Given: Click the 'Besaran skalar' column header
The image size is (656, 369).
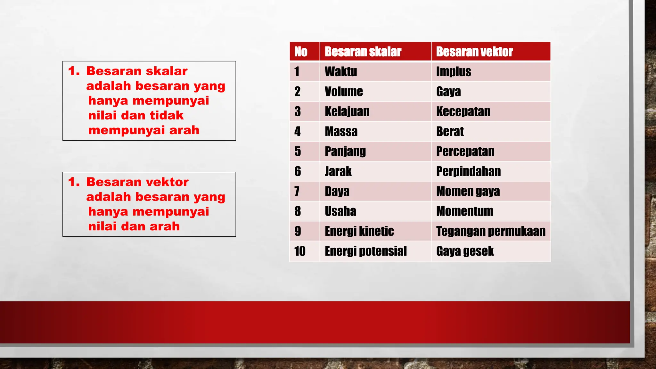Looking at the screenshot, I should pos(363,52).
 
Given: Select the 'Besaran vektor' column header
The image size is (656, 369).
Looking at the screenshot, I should pos(474,52).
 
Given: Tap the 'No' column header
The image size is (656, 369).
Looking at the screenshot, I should pos(301,52).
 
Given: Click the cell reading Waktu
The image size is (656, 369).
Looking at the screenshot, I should pos(341,71).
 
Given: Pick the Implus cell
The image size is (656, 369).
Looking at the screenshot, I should pos(454,71).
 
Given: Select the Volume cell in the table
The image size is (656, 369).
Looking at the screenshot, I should pos(344,92).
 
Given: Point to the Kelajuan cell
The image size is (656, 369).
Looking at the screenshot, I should pos(347,111).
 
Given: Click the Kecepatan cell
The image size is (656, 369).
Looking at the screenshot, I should pos(463,111).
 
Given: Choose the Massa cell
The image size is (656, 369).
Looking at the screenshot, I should pos(341,131).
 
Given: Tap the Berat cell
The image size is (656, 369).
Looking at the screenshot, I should pos(450,131).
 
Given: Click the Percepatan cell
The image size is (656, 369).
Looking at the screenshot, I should pos(465,151).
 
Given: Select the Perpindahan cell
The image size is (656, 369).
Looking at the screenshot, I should pos(468,171).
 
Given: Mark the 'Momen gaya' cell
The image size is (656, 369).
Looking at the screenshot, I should pos(468,191).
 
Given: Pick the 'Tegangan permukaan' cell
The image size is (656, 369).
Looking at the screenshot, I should pos(491,231).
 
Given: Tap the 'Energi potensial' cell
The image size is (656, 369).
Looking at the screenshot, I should pos(365,251).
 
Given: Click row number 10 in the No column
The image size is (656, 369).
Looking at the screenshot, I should pos(300,251).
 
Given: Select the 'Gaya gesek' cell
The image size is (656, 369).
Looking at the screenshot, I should pos(465,251).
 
